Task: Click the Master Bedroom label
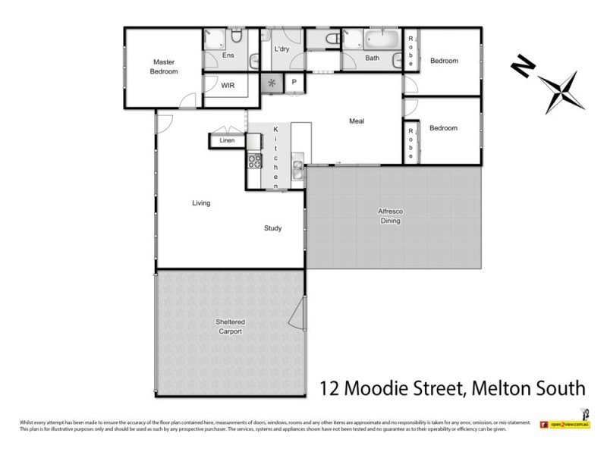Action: click(165, 67)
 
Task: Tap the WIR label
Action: click(228, 86)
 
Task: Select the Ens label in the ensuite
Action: click(228, 55)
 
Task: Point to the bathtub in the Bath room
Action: click(380, 39)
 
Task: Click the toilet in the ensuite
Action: click(236, 36)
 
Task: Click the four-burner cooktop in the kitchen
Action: click(253, 161)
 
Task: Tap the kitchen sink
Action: click(300, 172)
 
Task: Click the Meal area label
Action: click(357, 121)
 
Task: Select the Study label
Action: click(273, 227)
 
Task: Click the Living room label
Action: click(201, 203)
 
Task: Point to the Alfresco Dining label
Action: click(390, 216)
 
